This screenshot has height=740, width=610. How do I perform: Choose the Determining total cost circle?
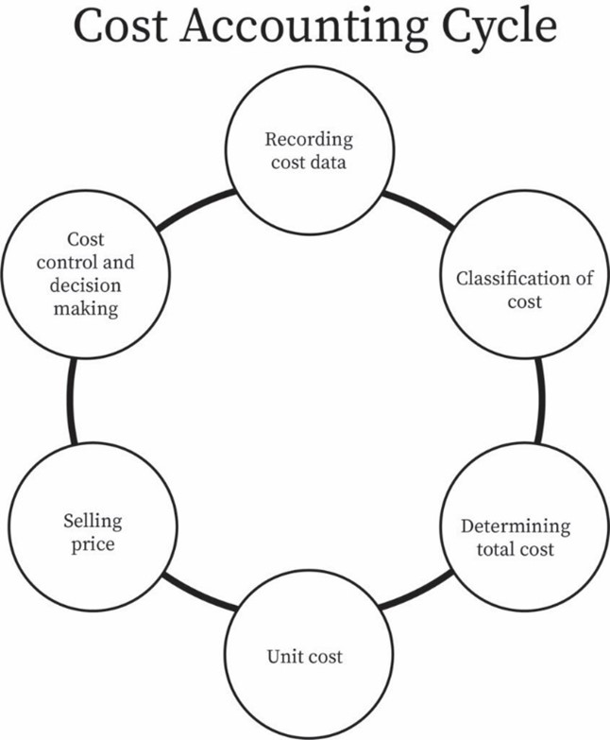[x=516, y=536]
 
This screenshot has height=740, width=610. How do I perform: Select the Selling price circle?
[x=92, y=532]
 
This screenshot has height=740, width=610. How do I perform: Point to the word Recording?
[x=308, y=140]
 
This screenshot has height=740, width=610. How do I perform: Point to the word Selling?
[x=93, y=521]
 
